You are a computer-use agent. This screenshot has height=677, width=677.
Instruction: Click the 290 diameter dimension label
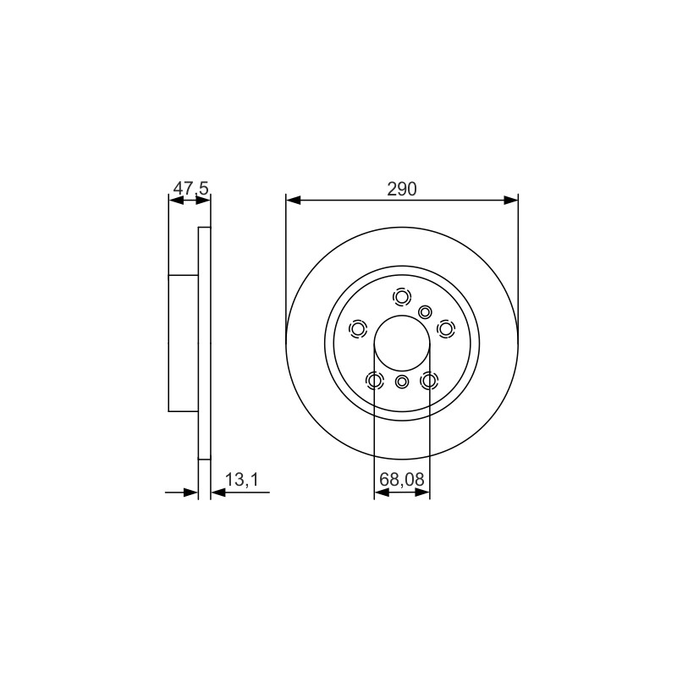tap(401, 189)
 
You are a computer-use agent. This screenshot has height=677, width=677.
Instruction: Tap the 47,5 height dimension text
tap(191, 188)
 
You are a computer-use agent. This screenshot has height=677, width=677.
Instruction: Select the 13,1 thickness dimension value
tap(242, 479)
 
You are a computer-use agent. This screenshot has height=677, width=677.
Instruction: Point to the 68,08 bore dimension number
tap(402, 479)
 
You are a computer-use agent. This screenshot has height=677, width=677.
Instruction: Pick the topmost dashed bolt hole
tap(402, 297)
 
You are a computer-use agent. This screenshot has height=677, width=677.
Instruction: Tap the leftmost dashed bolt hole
tap(357, 329)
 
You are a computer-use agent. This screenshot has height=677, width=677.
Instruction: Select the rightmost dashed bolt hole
tap(446, 329)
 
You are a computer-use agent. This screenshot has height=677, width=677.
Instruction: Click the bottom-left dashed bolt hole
tap(374, 381)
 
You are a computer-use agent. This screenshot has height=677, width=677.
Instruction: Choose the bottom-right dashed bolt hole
tap(429, 381)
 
